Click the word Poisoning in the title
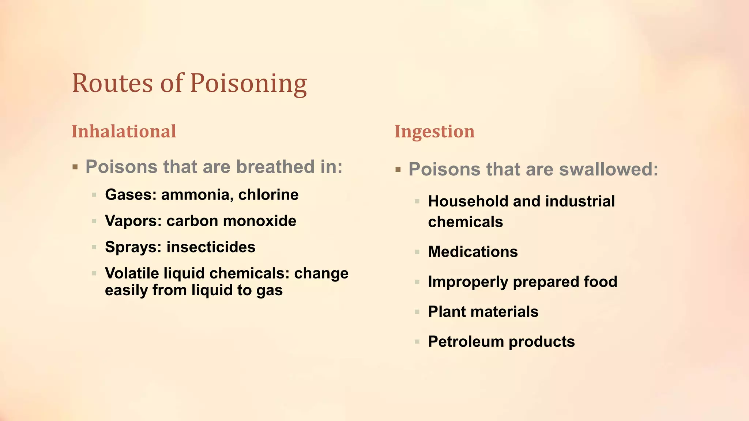coord(248,83)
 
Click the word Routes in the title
coord(112,83)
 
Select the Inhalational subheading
coord(124,132)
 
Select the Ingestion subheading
coord(434,132)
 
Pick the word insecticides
coord(211,247)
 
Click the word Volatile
coord(132,273)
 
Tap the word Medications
coord(473,252)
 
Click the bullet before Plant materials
coord(417,312)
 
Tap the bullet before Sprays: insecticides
coord(94,247)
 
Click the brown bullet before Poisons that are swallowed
coord(398,170)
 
